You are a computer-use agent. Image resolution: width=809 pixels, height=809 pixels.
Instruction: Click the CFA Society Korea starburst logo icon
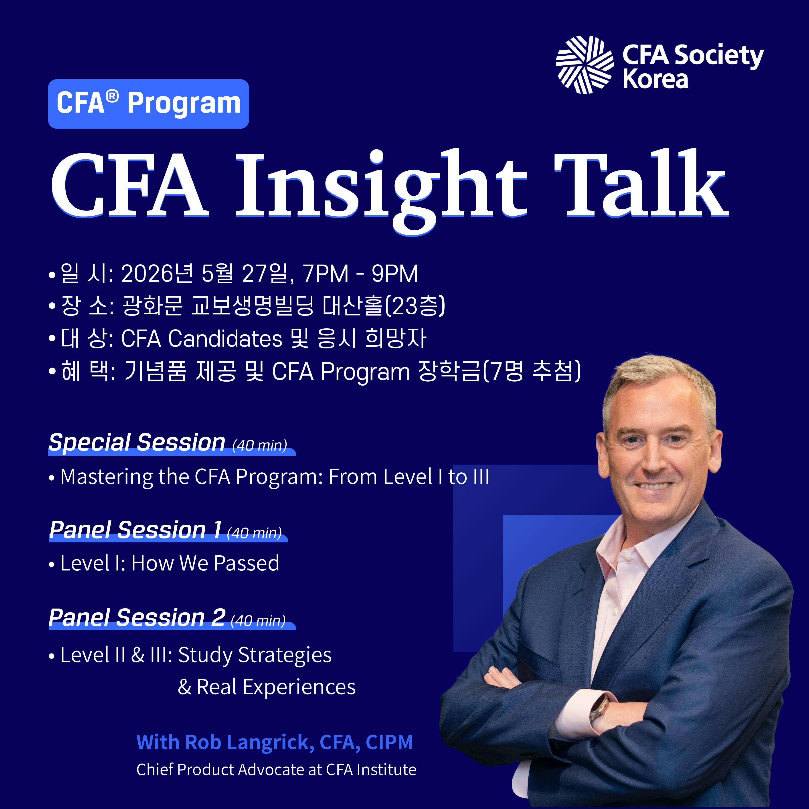click(x=585, y=65)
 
